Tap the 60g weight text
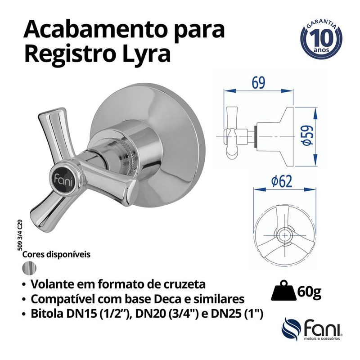[x=309, y=293]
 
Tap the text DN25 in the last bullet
[x=216, y=314]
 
